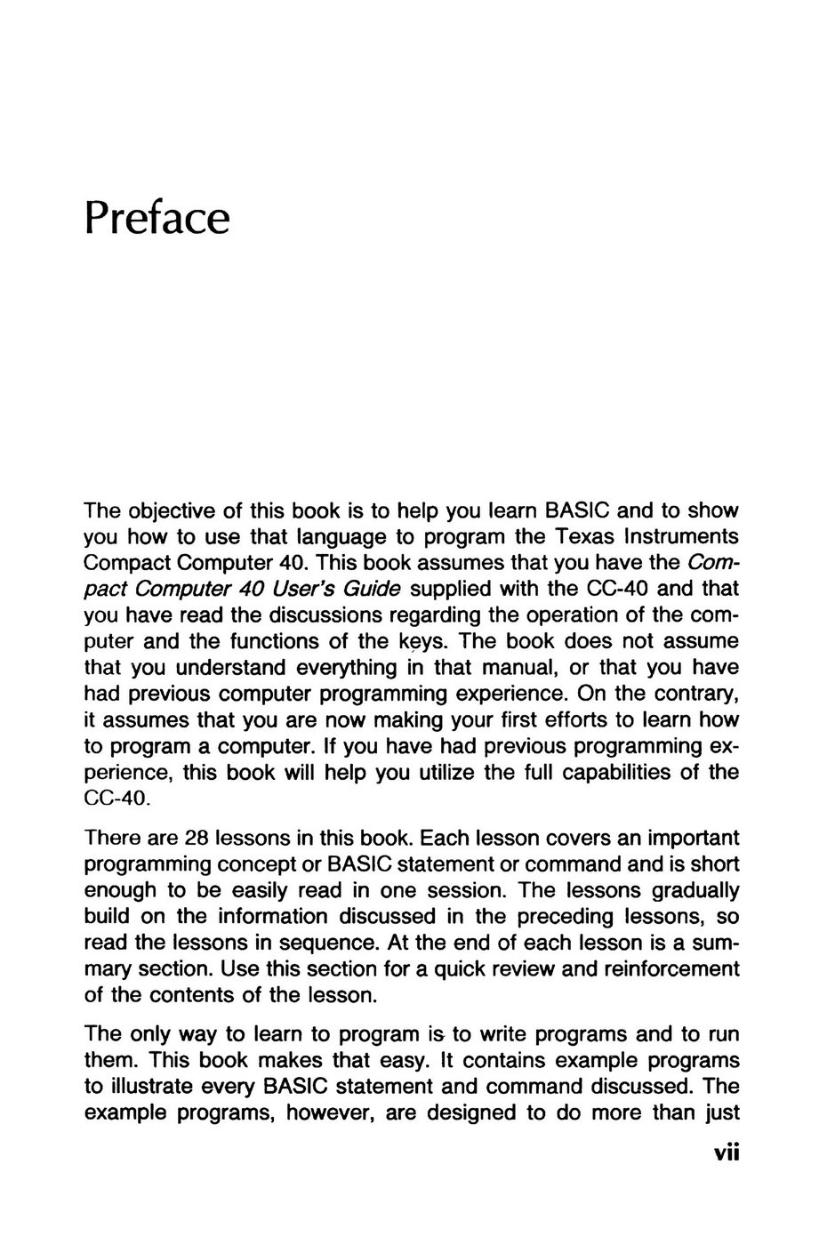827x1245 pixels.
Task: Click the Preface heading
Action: tap(157, 218)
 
